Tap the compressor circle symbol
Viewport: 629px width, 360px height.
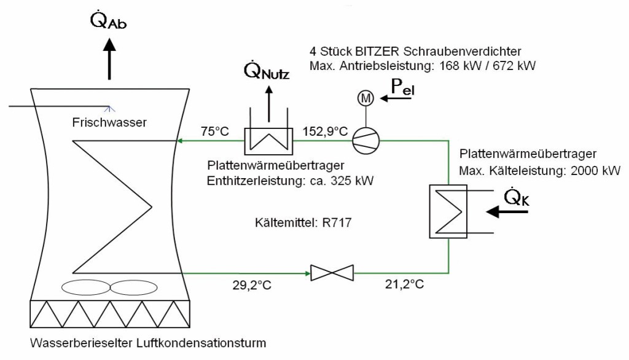click(365, 141)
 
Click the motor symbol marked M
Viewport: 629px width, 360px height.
click(365, 98)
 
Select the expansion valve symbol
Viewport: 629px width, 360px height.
click(332, 272)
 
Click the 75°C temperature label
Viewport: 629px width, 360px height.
click(214, 131)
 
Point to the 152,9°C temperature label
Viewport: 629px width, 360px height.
click(325, 131)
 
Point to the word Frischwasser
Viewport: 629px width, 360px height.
click(108, 122)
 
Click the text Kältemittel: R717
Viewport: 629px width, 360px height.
click(303, 223)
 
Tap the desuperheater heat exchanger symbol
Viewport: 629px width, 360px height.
click(268, 141)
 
